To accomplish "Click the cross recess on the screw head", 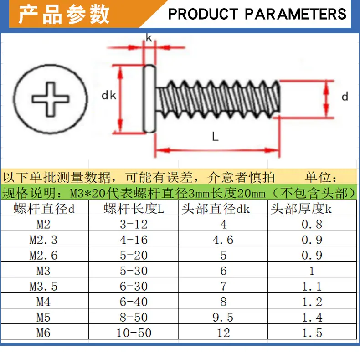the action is [51, 99].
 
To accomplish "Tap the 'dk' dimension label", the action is [109, 95].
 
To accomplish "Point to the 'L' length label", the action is [215, 137].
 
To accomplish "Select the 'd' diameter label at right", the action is [345, 96].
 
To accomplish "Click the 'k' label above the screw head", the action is [149, 38].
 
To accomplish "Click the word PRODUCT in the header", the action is [203, 14].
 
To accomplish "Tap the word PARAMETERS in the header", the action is [295, 14].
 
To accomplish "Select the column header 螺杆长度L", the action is [134, 209].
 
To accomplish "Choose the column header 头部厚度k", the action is [301, 209].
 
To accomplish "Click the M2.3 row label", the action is [43, 240].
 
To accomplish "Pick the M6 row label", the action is [43, 333].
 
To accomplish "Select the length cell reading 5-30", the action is [134, 271].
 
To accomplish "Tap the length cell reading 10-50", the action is [134, 333].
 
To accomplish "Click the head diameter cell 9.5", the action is [223, 318].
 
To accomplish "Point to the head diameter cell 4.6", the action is [223, 240].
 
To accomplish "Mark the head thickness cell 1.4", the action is [312, 318].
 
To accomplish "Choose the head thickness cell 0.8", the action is [312, 224].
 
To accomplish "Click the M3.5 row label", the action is [43, 286].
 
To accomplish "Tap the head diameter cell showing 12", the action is [223, 333].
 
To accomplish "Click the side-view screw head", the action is [149, 99].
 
